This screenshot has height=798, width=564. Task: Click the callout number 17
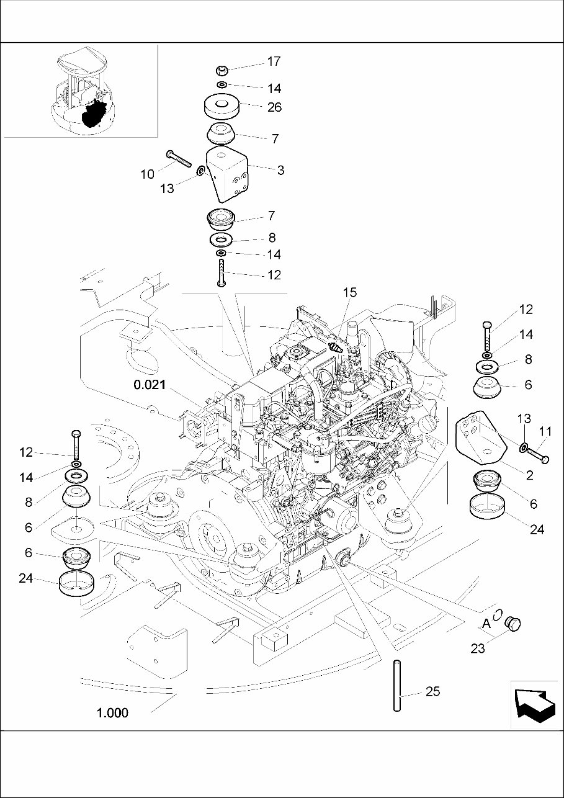click(x=274, y=61)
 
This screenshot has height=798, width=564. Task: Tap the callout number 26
click(x=274, y=107)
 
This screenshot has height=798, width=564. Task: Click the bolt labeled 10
click(x=179, y=158)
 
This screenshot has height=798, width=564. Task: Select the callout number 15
click(x=350, y=293)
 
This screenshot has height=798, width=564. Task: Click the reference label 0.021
click(x=150, y=385)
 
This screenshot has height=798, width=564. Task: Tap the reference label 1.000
click(x=112, y=713)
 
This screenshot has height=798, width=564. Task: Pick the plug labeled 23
click(x=513, y=624)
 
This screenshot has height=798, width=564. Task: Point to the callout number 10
click(x=147, y=174)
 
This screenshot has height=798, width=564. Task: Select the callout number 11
click(x=545, y=431)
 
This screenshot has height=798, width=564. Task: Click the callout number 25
click(x=432, y=691)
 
